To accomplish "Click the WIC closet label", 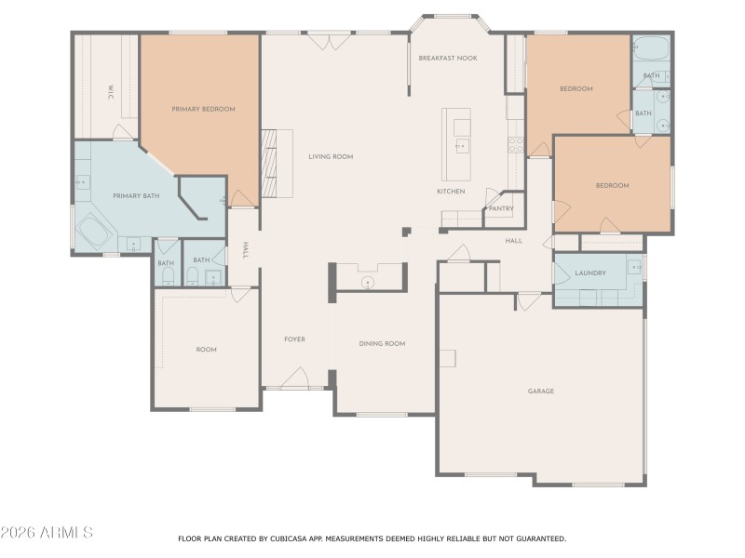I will pos(110,92).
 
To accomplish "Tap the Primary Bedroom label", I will pos(203,109).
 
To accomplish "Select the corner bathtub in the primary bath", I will pos(93,230).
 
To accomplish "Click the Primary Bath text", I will pos(135,195).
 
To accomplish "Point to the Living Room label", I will pos(331,157).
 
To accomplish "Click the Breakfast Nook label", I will pos(447,58).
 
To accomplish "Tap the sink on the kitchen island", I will pos(461,146).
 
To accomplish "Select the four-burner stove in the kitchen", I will pos(514,144).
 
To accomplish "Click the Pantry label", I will pos(500,208).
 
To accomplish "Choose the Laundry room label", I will pos(590,273).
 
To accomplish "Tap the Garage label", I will pos(540,391).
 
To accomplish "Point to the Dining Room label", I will pos(382,344).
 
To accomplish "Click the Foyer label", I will pos(294,339).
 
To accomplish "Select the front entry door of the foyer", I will pos(294,379).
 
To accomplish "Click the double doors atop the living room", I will pos(330,41).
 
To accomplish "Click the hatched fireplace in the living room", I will pos(270,163).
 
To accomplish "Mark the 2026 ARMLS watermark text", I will pos(47,533).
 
